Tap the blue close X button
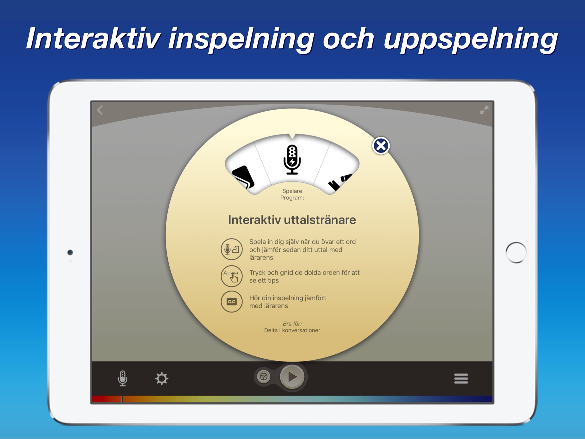pyautogui.click(x=381, y=146)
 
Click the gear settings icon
pyautogui.click(x=162, y=378)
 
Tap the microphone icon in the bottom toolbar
pyautogui.click(x=123, y=378)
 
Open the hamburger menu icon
pyautogui.click(x=461, y=378)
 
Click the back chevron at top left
pyautogui.click(x=100, y=110)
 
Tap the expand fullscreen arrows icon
pyautogui.click(x=484, y=110)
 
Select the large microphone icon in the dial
pyautogui.click(x=292, y=159)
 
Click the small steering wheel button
pyautogui.click(x=263, y=377)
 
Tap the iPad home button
pyautogui.click(x=516, y=252)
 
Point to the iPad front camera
pyautogui.click(x=70, y=252)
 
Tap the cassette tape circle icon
pyautogui.click(x=232, y=302)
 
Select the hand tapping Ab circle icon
pyautogui.click(x=232, y=276)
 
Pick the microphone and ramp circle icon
pyautogui.click(x=232, y=249)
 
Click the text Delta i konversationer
pyautogui.click(x=292, y=330)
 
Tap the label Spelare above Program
pyautogui.click(x=292, y=191)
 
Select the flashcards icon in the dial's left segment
pyautogui.click(x=243, y=177)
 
